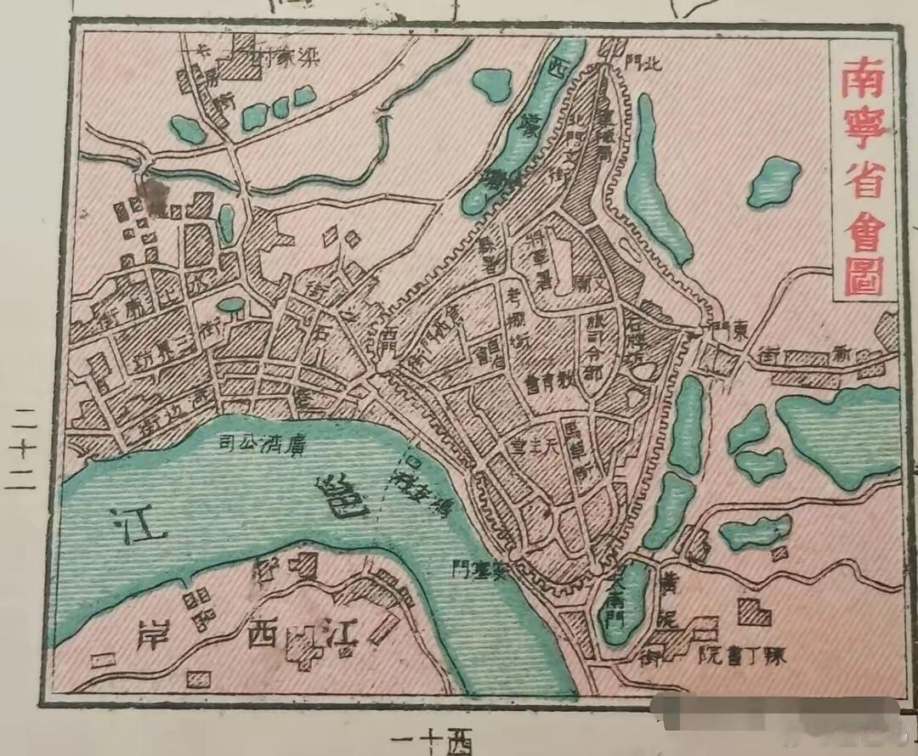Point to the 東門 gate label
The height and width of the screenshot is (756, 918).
point(728,332)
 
